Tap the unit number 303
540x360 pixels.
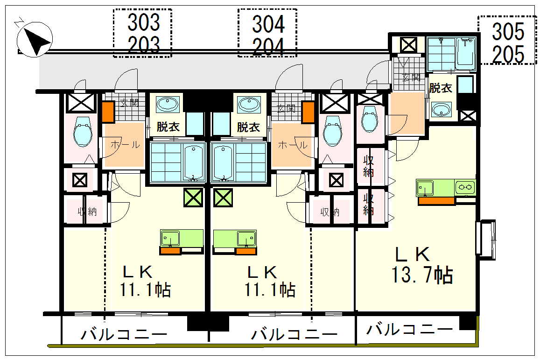point(144,23)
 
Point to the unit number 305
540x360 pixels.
point(508,31)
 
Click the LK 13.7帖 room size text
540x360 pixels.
point(422,265)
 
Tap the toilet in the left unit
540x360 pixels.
point(83,132)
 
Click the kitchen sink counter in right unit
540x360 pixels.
point(435,188)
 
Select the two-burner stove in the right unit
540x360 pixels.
point(465,188)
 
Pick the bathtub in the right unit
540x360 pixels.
point(465,53)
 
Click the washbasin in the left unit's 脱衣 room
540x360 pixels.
point(168,104)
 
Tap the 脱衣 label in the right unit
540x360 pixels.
point(441,88)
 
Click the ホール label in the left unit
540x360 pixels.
point(125,145)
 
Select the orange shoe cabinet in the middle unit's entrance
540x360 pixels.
point(308,112)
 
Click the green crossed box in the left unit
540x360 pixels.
point(193,198)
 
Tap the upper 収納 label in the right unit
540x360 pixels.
point(369,166)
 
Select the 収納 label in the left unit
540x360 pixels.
point(87,212)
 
